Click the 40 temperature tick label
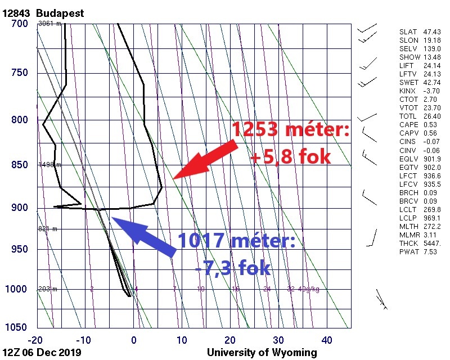[x=327, y=340]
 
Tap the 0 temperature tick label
[x=134, y=340]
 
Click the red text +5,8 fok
[x=290, y=157]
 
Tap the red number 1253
[x=258, y=131]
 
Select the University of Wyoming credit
[x=262, y=353]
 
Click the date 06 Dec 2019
[x=53, y=353]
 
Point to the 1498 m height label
[x=49, y=165]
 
